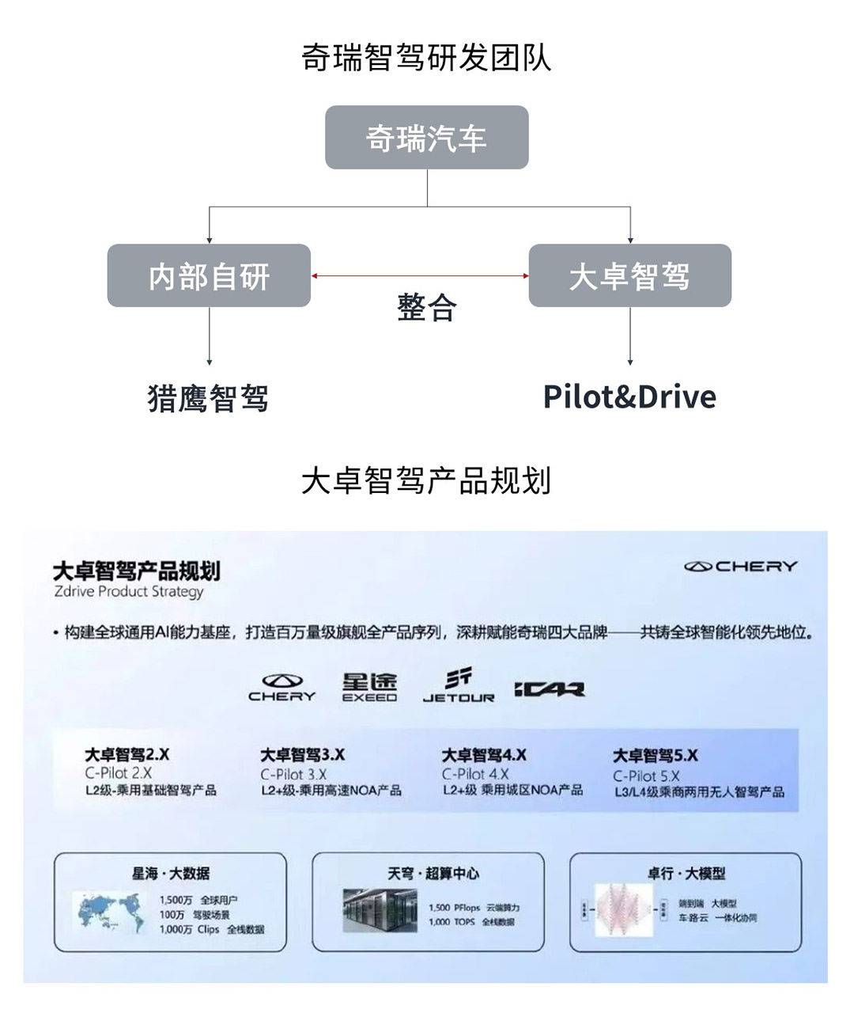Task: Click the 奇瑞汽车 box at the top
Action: pyautogui.click(x=426, y=138)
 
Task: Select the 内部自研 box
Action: pyautogui.click(x=209, y=275)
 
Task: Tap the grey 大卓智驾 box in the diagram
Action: pyautogui.click(x=629, y=275)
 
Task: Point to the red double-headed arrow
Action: pyautogui.click(x=419, y=275)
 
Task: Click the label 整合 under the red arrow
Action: pyautogui.click(x=426, y=307)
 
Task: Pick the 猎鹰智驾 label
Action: pyautogui.click(x=208, y=397)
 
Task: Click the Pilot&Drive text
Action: pyautogui.click(x=629, y=396)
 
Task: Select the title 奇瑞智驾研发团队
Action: pyautogui.click(x=426, y=58)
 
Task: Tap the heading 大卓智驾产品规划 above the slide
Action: pyautogui.click(x=426, y=480)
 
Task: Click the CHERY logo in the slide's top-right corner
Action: pyautogui.click(x=740, y=567)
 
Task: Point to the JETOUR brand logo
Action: pyautogui.click(x=459, y=686)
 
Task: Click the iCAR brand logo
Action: pyautogui.click(x=549, y=689)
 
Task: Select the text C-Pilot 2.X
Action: pyautogui.click(x=119, y=773)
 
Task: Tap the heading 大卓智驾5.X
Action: pyautogui.click(x=656, y=756)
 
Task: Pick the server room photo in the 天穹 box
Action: pyautogui.click(x=380, y=910)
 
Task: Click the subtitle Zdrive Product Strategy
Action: pyautogui.click(x=129, y=591)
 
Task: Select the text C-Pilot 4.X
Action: pyautogui.click(x=475, y=774)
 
